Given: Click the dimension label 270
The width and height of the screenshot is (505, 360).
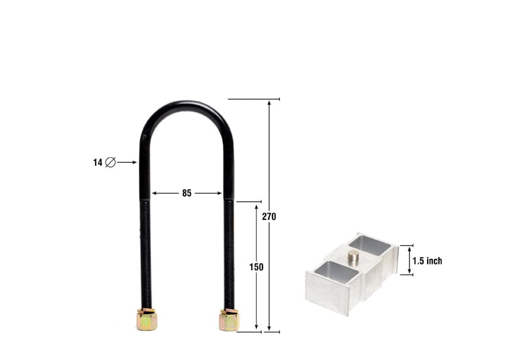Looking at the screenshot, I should [x=269, y=216].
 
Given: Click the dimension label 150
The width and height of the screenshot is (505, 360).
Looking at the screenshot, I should [x=256, y=267].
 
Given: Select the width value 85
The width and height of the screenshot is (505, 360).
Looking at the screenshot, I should [x=187, y=194].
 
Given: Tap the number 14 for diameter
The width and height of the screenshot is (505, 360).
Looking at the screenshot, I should [x=97, y=162].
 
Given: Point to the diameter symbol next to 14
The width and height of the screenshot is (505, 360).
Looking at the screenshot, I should [x=110, y=162].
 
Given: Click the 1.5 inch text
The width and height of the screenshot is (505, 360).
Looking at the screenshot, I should [x=427, y=261].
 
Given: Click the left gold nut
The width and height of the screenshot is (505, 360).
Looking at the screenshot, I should [x=146, y=320].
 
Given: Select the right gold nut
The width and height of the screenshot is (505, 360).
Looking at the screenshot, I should [x=229, y=320].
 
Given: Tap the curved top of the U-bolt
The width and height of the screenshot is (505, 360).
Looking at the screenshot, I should [x=187, y=106].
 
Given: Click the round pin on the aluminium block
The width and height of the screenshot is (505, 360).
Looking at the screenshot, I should [x=354, y=255].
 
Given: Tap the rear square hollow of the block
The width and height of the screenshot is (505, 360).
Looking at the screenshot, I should [x=370, y=244].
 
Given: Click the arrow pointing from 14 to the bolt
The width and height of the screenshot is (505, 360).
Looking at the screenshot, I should [x=127, y=162].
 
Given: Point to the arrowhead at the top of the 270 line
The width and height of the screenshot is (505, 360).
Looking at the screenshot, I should [x=269, y=102].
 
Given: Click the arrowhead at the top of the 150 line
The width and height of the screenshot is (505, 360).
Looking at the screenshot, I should [x=256, y=206].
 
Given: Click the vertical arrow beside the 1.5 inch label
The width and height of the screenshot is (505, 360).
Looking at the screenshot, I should [x=410, y=260].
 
